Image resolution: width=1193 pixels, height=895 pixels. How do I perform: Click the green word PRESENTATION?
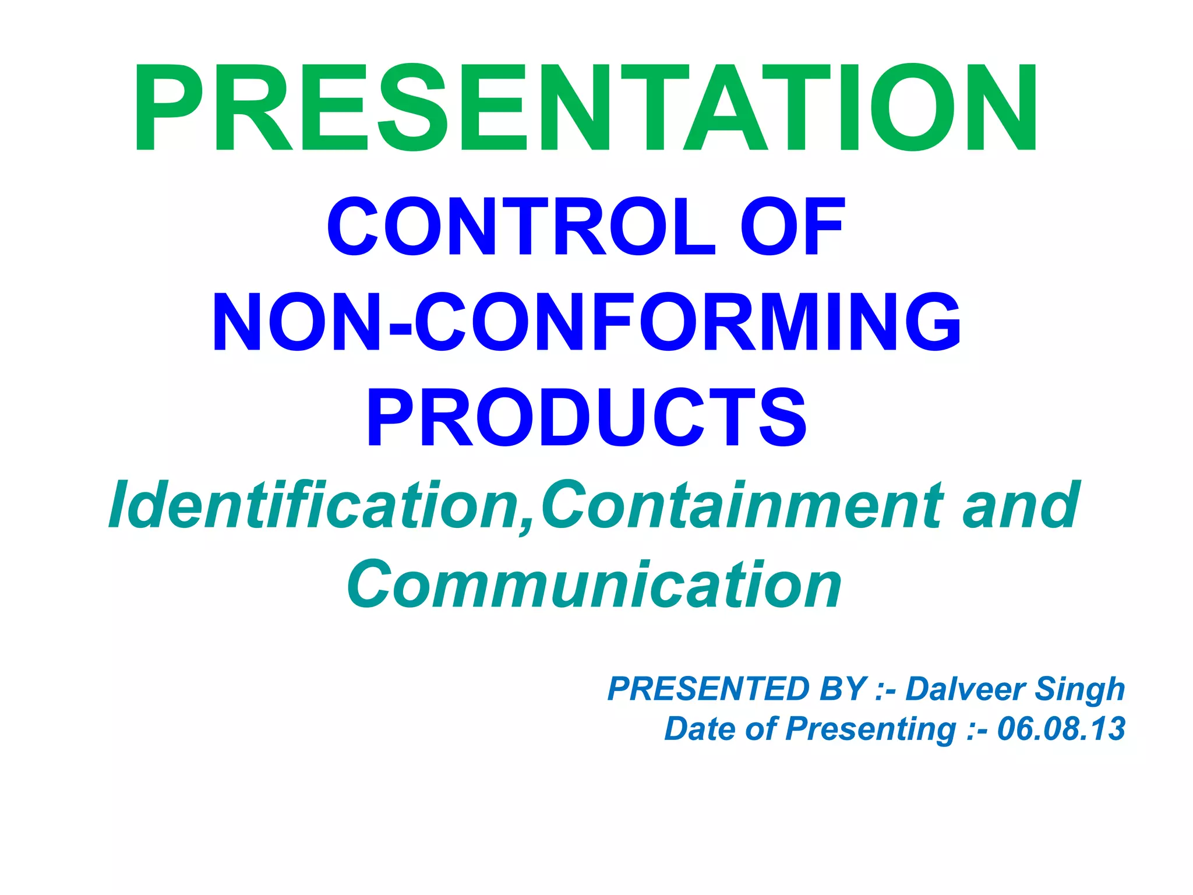586,109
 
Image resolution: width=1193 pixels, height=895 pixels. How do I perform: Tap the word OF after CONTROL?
792,227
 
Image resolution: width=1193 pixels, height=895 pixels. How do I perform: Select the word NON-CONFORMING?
586,322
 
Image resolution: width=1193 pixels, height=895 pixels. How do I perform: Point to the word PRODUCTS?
586,418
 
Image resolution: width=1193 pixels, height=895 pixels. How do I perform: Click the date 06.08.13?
1061,729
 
